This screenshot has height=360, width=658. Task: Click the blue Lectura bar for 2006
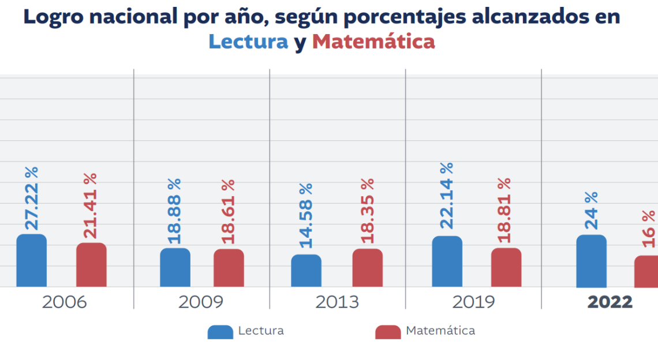coord(32,261)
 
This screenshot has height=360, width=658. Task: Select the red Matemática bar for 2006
coord(91,265)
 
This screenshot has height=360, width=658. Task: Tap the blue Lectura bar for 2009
coord(175,268)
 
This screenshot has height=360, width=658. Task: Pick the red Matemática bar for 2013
coord(367,268)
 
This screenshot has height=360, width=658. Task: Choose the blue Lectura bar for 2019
coord(447,262)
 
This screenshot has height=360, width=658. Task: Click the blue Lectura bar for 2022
coord(591,261)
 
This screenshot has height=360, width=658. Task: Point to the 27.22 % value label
coord(32,198)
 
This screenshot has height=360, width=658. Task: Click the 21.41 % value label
coord(91,205)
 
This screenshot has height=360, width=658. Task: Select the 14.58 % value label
coord(306,215)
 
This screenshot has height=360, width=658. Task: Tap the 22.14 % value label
coord(446,196)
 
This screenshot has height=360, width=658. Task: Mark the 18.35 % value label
coord(367,210)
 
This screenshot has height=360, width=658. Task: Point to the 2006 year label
coord(64,302)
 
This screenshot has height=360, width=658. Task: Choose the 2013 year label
coord(337,302)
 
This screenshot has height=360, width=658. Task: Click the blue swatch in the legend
coord(220,332)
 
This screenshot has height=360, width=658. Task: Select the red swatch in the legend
coord(387,332)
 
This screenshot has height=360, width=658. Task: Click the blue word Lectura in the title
coord(248,42)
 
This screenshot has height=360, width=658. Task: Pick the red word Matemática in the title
coord(373,42)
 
